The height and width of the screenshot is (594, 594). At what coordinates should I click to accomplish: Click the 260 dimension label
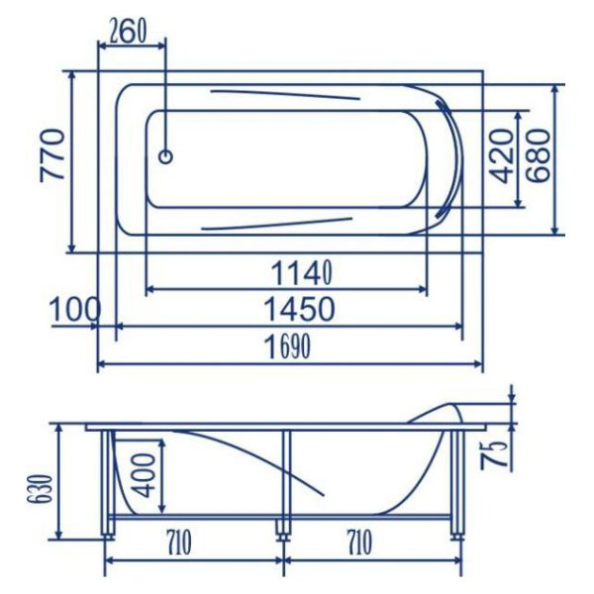tap(128, 32)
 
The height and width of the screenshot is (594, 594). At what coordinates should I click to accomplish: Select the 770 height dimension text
tap(52, 155)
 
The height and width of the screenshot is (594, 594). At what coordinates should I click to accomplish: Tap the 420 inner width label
tap(500, 156)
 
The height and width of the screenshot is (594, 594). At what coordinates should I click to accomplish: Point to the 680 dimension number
tap(538, 156)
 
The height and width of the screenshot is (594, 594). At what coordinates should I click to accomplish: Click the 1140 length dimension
tap(302, 273)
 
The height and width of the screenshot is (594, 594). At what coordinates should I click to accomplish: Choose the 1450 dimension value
tap(299, 309)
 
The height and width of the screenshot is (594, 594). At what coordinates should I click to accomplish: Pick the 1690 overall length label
tap(289, 346)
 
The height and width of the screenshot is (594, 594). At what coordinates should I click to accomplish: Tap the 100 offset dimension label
tap(75, 309)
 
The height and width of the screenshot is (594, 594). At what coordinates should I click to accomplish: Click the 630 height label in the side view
tap(39, 488)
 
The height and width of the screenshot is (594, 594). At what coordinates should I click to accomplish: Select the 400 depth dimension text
tap(145, 475)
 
